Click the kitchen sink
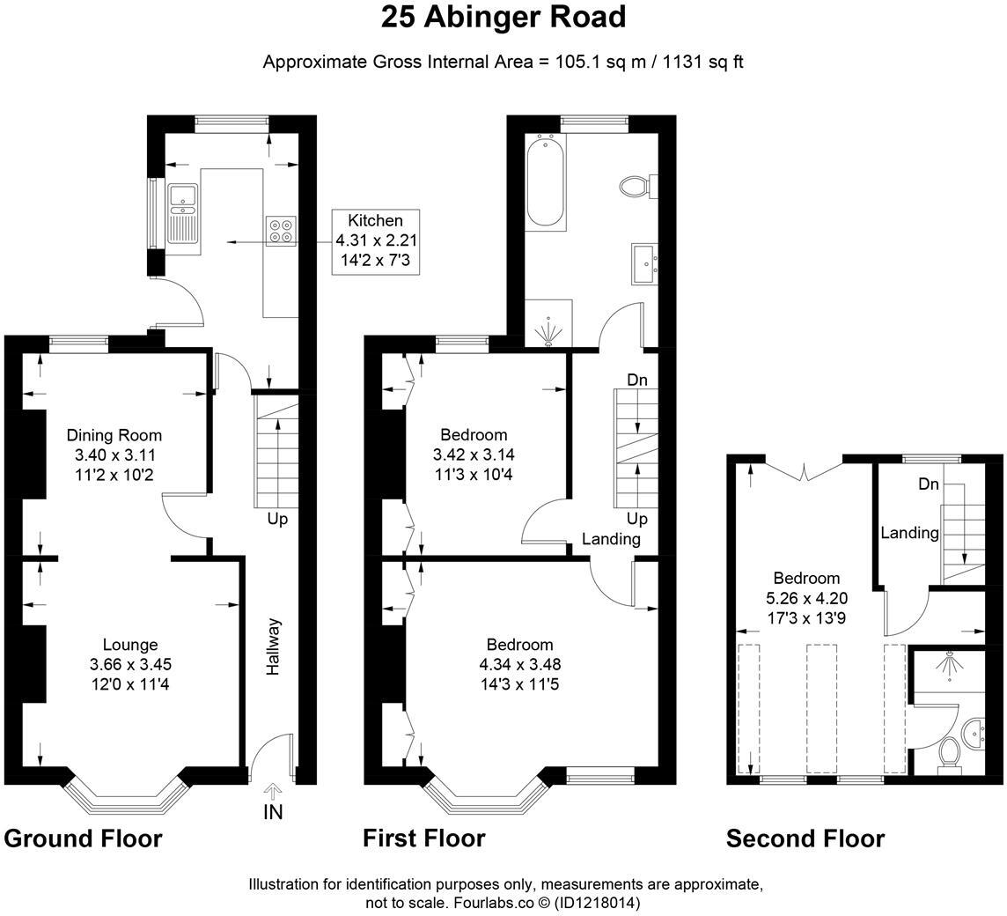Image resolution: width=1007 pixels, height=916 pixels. [183, 213]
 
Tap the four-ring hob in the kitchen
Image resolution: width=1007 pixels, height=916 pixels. [282, 232]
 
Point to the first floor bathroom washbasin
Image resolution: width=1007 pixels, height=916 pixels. [645, 263]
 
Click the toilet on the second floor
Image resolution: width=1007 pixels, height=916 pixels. [949, 756]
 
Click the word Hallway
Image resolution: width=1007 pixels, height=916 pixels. [274, 646]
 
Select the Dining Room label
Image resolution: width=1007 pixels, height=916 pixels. [114, 435]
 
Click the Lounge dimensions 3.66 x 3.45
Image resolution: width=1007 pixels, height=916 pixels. [131, 664]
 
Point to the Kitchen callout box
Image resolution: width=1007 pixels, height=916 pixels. [376, 241]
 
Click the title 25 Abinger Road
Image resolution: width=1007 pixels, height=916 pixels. [503, 18]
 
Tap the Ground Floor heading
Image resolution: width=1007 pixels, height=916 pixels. [83, 838]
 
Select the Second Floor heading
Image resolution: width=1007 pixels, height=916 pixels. [805, 838]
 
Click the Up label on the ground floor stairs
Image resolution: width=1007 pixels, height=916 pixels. [277, 519]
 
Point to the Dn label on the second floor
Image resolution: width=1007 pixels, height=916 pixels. [929, 484]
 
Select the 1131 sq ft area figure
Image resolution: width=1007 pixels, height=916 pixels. [703, 62]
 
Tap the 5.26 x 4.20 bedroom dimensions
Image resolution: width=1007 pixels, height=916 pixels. [806, 598]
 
